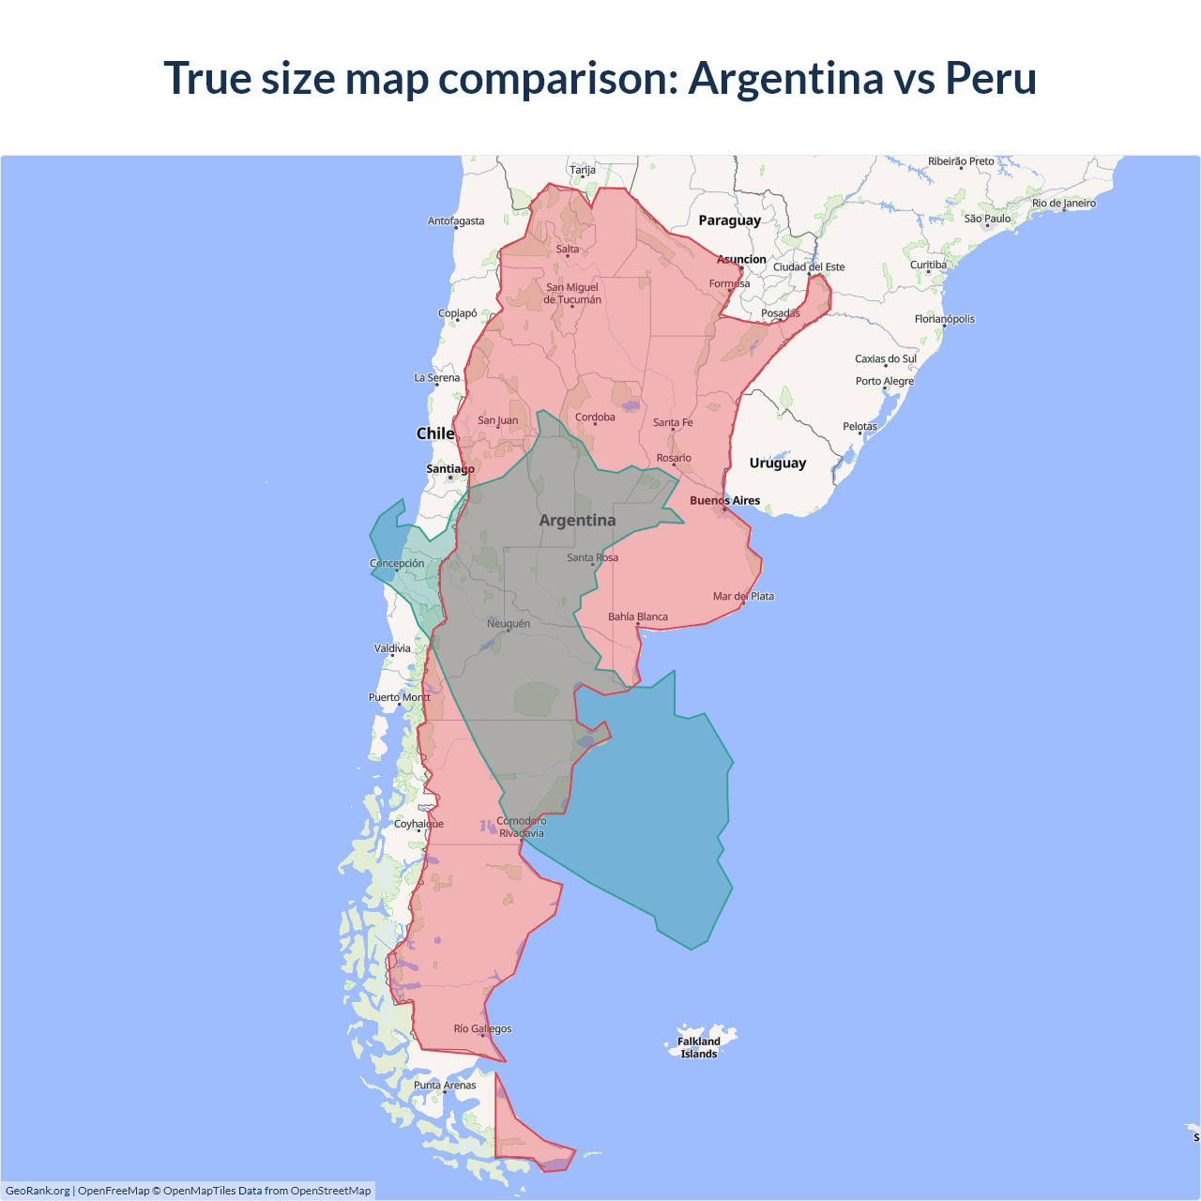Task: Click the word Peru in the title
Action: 990,78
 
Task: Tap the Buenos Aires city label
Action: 724,500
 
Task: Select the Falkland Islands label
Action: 699,1047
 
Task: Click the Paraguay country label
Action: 729,220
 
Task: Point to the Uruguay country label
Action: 777,463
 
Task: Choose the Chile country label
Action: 435,433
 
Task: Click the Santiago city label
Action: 450,469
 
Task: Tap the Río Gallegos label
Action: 482,1028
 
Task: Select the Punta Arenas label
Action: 445,1085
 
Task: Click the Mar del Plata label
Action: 743,596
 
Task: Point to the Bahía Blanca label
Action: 638,616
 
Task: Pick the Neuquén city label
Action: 509,623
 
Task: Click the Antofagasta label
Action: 456,221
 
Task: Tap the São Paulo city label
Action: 987,219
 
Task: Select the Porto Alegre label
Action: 884,381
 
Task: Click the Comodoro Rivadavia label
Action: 521,827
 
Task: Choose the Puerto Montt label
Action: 399,697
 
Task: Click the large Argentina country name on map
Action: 577,520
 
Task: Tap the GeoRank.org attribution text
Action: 38,1191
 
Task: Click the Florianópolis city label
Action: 944,319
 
